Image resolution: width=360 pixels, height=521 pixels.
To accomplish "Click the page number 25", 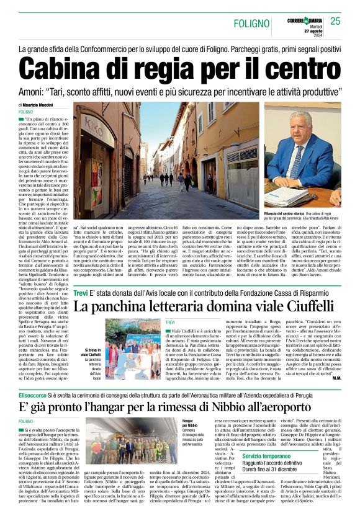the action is tap(336, 22).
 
